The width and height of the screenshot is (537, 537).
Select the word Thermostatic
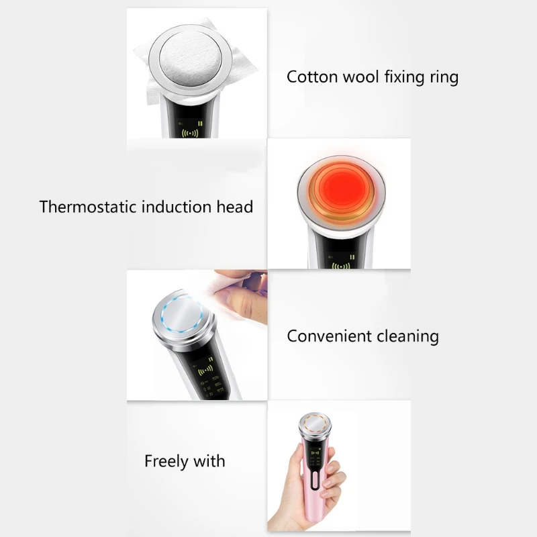[x=87, y=206]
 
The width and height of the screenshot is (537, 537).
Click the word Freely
[x=165, y=462]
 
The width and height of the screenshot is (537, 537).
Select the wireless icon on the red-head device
[x=342, y=266]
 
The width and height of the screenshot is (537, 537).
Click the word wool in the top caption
[x=363, y=77]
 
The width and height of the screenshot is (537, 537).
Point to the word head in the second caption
[x=235, y=206]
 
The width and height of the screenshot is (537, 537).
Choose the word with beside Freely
[x=209, y=461]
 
